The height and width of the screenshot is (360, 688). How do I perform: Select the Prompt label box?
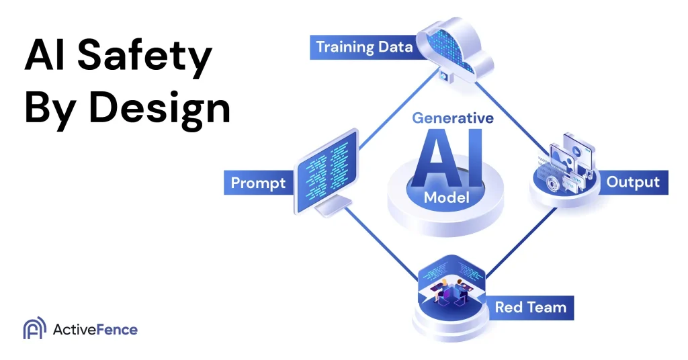258,183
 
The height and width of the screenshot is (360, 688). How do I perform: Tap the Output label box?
632,182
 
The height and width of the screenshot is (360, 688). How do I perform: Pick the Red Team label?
530,308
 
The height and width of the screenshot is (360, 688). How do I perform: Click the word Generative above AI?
452,118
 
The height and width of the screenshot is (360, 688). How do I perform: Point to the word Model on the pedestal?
447,197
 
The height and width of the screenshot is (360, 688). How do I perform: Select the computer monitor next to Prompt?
325,171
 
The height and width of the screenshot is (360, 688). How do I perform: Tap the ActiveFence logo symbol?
34,329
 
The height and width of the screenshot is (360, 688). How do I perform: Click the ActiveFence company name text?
95,329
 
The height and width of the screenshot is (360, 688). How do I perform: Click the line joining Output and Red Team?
521,242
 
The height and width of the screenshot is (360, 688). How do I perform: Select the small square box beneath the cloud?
444,77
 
